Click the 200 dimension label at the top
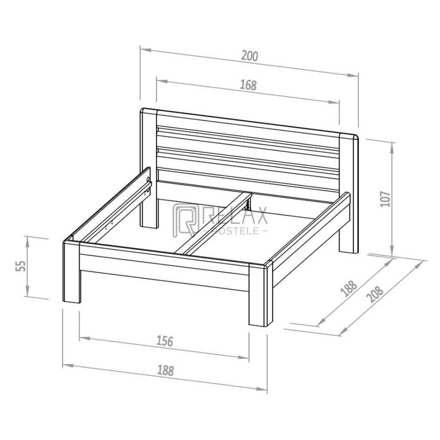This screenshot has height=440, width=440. [250, 56]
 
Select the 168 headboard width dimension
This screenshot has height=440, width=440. [248, 85]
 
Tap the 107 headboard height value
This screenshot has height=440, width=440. [385, 199]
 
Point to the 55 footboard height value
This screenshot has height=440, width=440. [21, 266]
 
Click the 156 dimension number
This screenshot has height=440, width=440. [165, 341]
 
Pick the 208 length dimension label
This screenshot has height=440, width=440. [376, 294]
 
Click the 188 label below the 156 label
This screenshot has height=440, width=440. [165, 370]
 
